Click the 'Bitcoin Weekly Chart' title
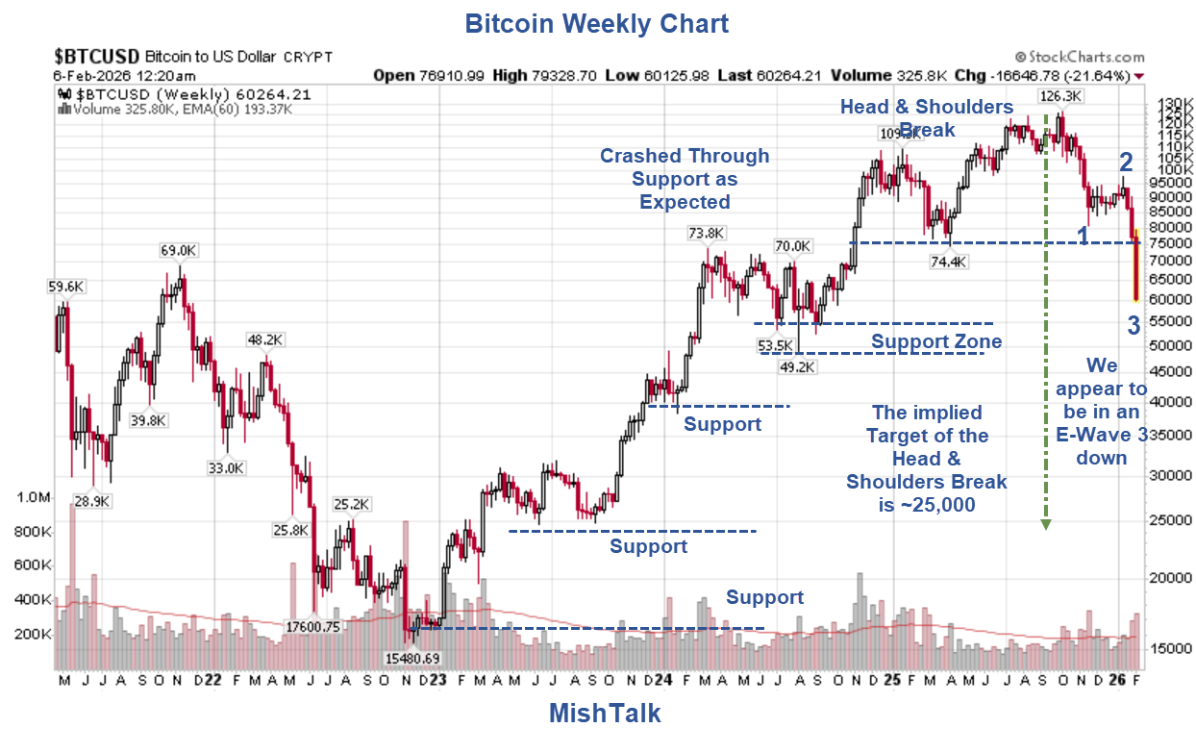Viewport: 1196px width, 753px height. point(596,23)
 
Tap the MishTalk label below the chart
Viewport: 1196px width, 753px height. point(605,713)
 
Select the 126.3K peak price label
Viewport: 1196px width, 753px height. point(1061,96)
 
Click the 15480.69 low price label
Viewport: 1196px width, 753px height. point(412,658)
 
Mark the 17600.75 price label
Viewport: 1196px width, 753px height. point(313,626)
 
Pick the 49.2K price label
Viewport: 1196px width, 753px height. point(796,366)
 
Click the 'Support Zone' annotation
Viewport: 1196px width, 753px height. point(935,341)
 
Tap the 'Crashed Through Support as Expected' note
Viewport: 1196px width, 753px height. point(685,179)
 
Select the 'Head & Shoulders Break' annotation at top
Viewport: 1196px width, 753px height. point(926,117)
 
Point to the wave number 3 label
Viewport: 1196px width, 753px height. point(1134,326)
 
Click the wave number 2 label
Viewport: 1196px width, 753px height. point(1126,163)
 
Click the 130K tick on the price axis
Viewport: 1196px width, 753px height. point(1167,103)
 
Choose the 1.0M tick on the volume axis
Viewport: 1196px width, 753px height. point(34,497)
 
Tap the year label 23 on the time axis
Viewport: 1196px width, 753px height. point(437,679)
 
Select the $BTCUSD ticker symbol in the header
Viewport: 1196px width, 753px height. point(97,56)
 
